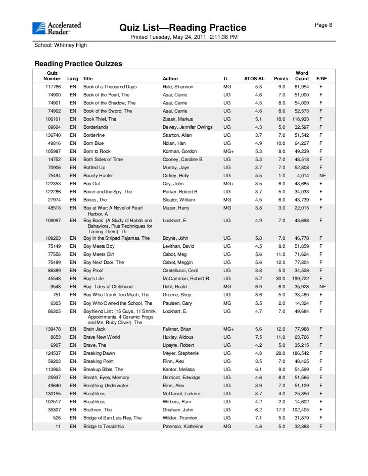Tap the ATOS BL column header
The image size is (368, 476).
tap(254, 79)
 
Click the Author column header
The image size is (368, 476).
tap(170, 79)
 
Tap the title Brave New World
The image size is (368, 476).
tap(102, 337)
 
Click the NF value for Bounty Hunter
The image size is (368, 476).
tap(321, 176)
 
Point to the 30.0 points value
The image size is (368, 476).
tap(281, 279)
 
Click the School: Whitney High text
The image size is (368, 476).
tap(60, 45)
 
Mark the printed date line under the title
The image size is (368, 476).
tap(184, 37)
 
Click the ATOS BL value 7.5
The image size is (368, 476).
tap(258, 337)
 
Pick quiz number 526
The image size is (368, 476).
tap(57, 418)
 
